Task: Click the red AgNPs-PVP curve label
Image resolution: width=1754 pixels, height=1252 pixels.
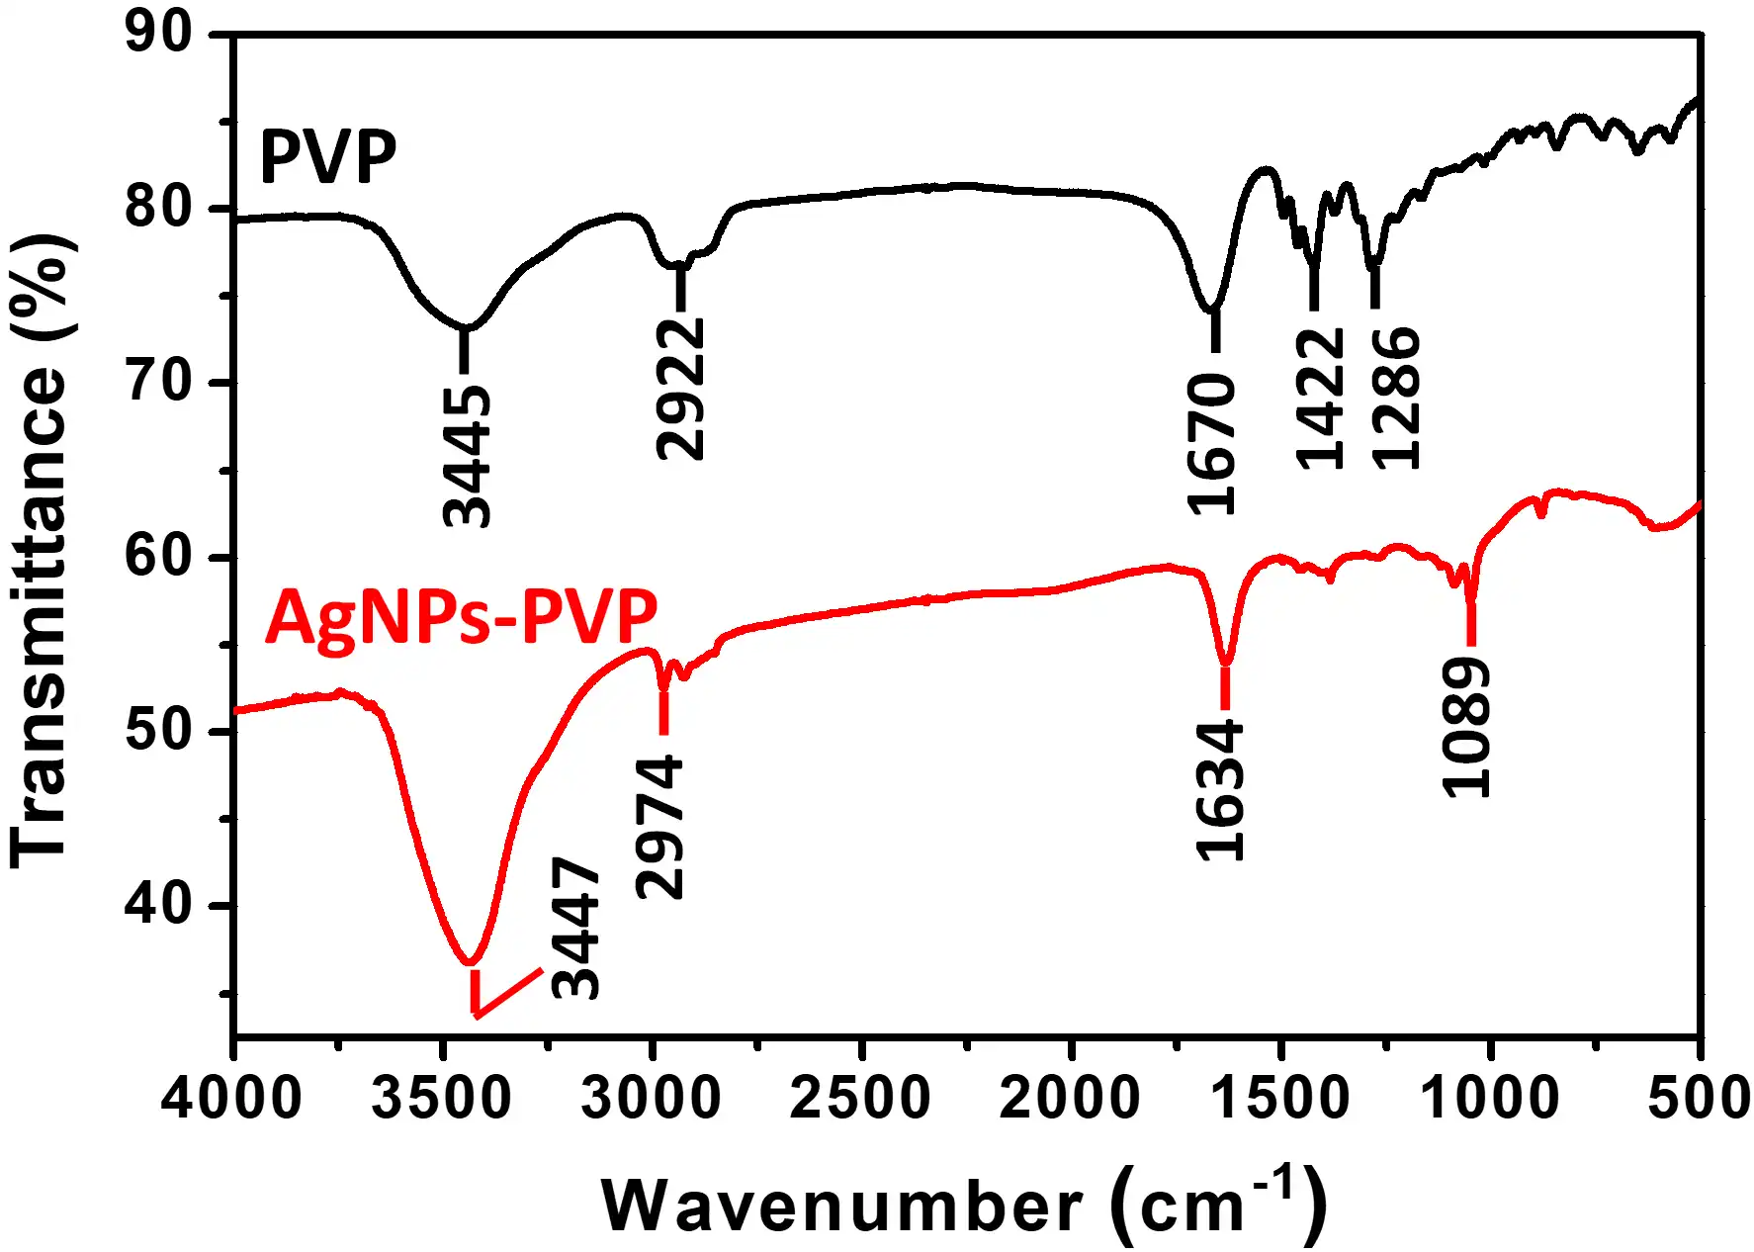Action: point(461,616)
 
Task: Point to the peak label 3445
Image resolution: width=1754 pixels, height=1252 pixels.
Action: point(467,456)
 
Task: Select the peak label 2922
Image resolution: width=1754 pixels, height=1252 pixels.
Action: point(681,389)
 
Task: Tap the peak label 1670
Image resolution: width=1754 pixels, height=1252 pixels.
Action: point(1212,444)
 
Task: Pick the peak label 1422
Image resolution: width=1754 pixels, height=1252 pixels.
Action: point(1320,398)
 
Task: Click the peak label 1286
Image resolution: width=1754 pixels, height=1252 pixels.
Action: point(1395,398)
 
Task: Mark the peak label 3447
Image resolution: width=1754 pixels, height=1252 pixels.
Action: point(575,928)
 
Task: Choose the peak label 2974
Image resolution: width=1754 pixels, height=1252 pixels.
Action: point(659,827)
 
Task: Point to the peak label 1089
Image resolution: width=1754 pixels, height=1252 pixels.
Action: point(1465,729)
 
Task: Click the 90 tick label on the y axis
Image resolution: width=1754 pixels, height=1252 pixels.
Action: point(159,34)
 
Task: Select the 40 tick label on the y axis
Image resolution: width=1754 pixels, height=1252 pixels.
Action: point(159,905)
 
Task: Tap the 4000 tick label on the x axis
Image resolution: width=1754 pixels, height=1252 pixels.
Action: point(232,1098)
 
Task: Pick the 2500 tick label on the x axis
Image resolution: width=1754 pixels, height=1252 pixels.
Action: point(861,1098)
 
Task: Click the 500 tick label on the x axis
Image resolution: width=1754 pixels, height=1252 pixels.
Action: point(1699,1098)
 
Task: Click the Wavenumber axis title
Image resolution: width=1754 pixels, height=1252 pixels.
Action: point(964,1204)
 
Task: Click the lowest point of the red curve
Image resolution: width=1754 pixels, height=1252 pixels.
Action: point(471,962)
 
